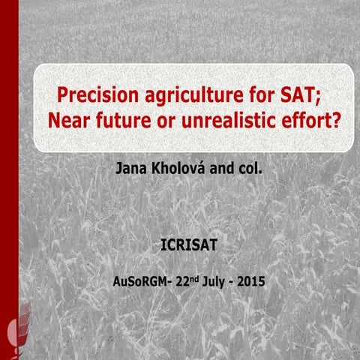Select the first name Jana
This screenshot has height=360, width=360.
(130, 168)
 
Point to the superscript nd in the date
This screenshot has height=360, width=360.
(198, 280)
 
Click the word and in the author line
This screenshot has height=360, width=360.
(220, 168)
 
